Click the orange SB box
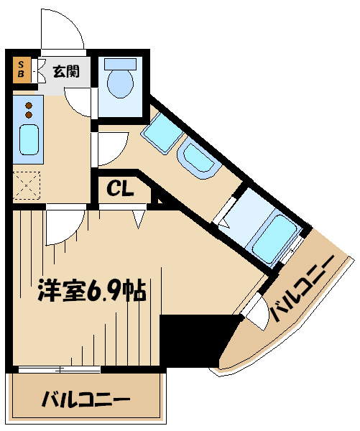[x=21, y=69]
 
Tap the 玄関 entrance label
[x=66, y=71]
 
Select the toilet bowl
[x=120, y=83]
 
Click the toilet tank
[x=120, y=63]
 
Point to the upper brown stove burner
[x=29, y=106]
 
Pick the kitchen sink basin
[x=29, y=139]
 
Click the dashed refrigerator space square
[x=27, y=185]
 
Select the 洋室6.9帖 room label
[x=91, y=290]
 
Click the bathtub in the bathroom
[x=275, y=238]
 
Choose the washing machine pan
[x=162, y=132]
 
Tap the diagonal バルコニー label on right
[x=302, y=289]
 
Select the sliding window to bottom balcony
[x=59, y=369]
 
